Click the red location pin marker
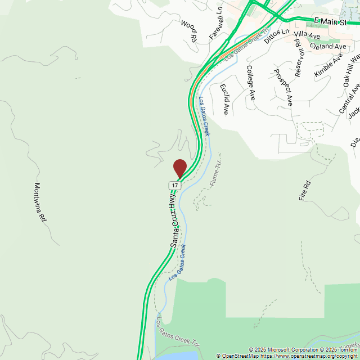click(x=179, y=168)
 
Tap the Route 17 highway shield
click(x=175, y=184)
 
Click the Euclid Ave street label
click(x=224, y=99)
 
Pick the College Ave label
click(x=251, y=83)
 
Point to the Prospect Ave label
click(x=283, y=87)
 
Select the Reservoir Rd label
click(x=299, y=57)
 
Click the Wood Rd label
click(x=188, y=32)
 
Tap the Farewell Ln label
click(x=217, y=23)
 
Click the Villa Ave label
click(x=307, y=35)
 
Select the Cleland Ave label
click(x=328, y=46)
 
